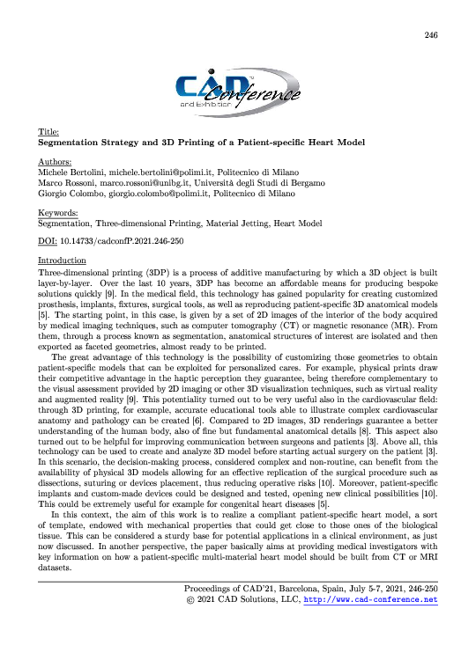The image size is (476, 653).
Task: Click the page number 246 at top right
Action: click(430, 35)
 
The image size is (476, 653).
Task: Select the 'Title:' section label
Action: click(48, 131)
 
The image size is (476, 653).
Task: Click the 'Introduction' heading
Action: click(62, 260)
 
